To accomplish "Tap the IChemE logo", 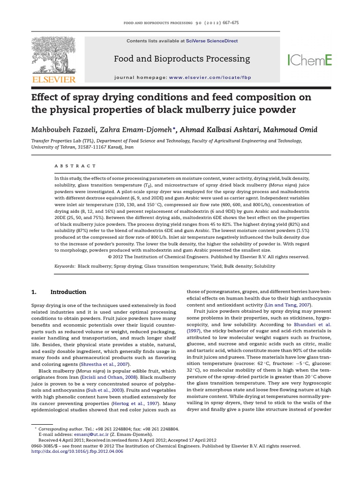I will (x=309, y=59).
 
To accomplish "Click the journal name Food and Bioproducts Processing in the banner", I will (x=182, y=59).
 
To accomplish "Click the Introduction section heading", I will (x=68, y=292).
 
